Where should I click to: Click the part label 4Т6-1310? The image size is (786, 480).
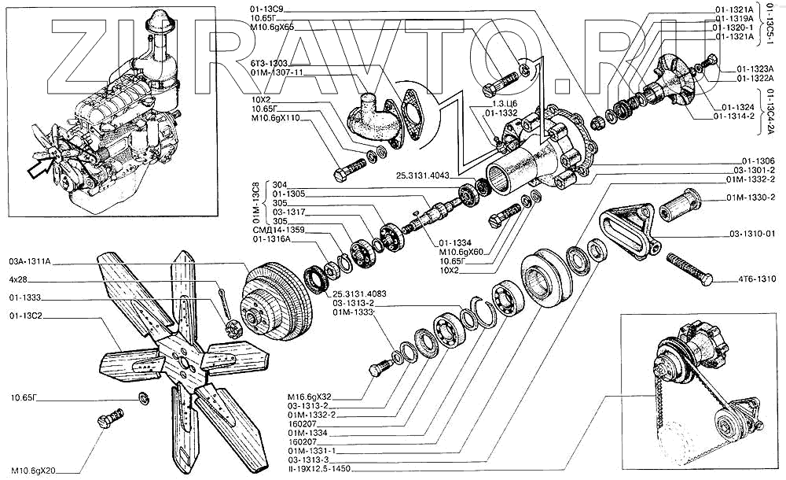[757, 279]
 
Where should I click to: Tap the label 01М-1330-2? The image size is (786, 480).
[751, 197]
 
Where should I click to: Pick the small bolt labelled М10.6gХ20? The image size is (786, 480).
[111, 418]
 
